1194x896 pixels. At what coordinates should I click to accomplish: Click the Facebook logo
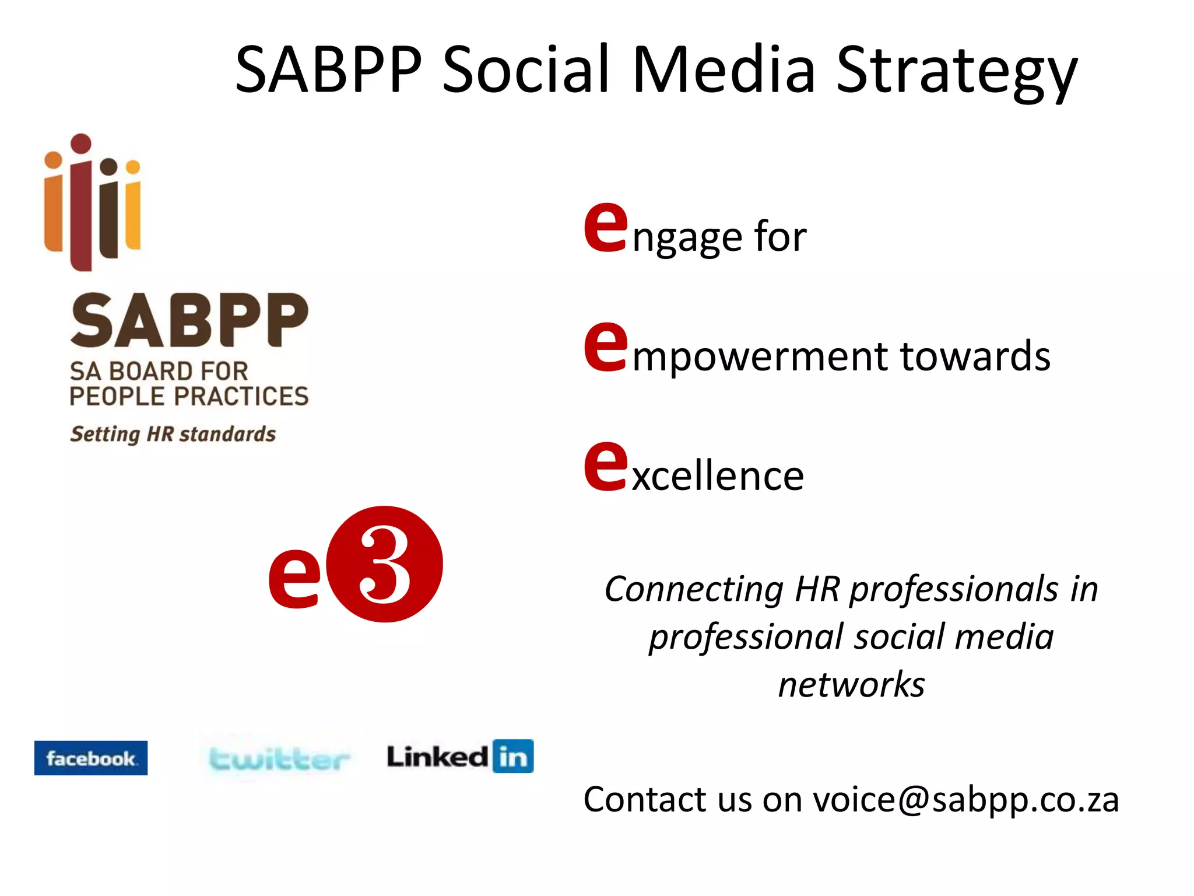(x=90, y=758)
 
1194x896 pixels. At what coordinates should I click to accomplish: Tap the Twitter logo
(x=279, y=759)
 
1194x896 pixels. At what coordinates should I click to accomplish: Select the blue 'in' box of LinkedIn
(x=512, y=756)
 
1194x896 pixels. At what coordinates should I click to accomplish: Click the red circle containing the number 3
(x=384, y=564)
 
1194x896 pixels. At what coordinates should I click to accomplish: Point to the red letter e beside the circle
(x=294, y=577)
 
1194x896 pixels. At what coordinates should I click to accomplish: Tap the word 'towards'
(x=975, y=356)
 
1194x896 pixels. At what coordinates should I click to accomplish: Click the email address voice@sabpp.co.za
(x=965, y=799)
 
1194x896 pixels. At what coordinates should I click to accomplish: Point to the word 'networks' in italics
(x=851, y=685)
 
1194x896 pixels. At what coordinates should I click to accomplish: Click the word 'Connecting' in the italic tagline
(x=694, y=589)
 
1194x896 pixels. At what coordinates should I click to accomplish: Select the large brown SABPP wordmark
(x=189, y=321)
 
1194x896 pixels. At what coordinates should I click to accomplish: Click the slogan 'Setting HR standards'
(x=173, y=435)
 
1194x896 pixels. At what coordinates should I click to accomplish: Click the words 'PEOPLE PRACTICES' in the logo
(x=189, y=397)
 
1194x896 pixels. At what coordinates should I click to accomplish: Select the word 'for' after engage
(x=780, y=237)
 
